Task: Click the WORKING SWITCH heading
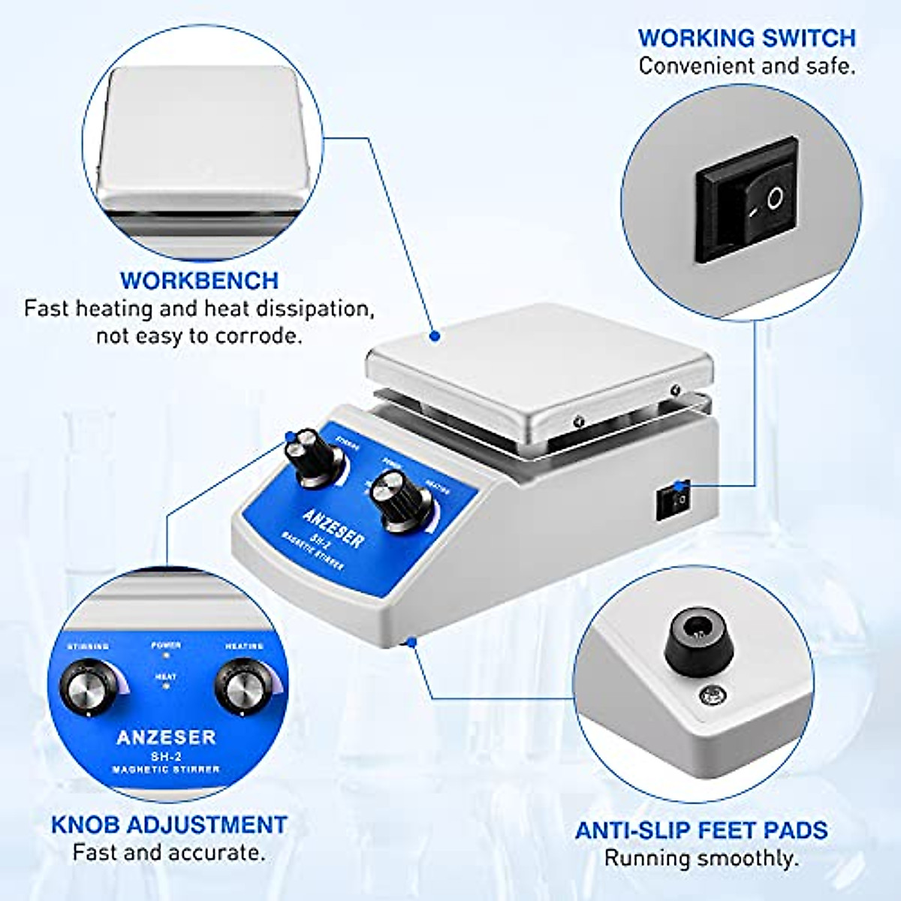point(746,38)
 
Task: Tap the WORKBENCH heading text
point(199,280)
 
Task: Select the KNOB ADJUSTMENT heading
point(169,824)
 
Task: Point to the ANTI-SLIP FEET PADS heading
point(701,830)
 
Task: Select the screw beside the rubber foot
point(709,695)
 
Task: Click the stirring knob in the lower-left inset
point(88,686)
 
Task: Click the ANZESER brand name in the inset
point(166,737)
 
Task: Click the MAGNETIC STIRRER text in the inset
point(166,770)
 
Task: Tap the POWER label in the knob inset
point(166,645)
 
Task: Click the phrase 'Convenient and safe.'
point(746,66)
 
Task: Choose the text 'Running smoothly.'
point(701,857)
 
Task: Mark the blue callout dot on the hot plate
point(433,337)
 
